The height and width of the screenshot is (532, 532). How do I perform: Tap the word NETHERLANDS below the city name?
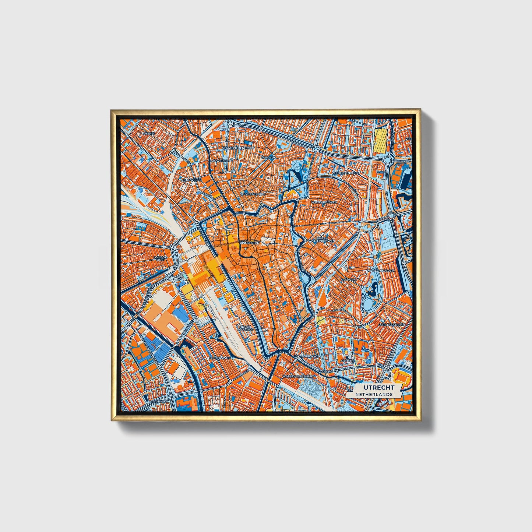tap(374, 394)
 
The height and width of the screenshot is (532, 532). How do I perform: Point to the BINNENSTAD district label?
tap(250, 243)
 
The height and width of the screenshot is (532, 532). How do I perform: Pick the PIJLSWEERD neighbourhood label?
tap(192, 179)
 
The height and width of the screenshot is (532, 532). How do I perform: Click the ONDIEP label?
tap(149, 133)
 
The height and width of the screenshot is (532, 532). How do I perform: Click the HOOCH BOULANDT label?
tap(246, 328)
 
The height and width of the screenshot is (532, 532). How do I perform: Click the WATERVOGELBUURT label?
tap(299, 377)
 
